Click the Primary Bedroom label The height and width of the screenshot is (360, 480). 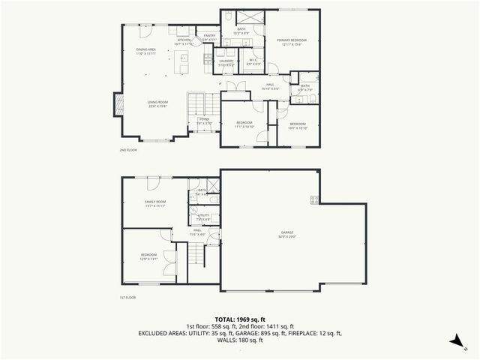coord(292,41)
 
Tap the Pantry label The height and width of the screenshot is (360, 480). coord(210,37)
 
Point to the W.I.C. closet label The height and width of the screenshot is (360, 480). coord(253,62)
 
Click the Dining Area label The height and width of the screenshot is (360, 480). coord(146,52)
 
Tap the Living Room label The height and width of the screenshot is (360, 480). coord(157,103)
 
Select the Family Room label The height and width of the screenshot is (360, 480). coord(155,203)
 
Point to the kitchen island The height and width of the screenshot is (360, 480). coord(181,62)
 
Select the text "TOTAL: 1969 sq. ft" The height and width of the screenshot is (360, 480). coord(239,319)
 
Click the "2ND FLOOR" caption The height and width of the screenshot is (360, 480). coord(128,150)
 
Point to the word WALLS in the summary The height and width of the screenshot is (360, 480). coord(227,340)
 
